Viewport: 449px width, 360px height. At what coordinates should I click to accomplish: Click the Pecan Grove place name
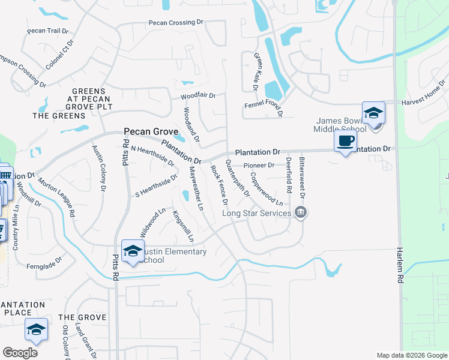[151, 131]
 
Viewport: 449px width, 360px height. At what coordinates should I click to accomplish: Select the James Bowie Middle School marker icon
[373, 113]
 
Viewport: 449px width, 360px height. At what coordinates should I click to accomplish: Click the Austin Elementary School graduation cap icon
[132, 251]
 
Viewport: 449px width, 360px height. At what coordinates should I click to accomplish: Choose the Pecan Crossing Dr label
[176, 23]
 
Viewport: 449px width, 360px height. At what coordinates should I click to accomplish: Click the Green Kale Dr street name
[256, 72]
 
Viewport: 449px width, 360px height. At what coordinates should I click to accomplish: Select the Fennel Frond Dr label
[263, 106]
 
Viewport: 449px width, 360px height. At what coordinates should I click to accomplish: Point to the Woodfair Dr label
[198, 96]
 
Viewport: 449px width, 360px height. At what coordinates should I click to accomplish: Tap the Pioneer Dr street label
[259, 165]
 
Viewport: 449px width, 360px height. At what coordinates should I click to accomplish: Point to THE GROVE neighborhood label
[83, 317]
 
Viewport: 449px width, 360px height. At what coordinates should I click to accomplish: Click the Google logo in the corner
[20, 353]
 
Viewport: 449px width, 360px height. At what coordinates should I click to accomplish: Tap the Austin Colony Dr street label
[99, 167]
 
